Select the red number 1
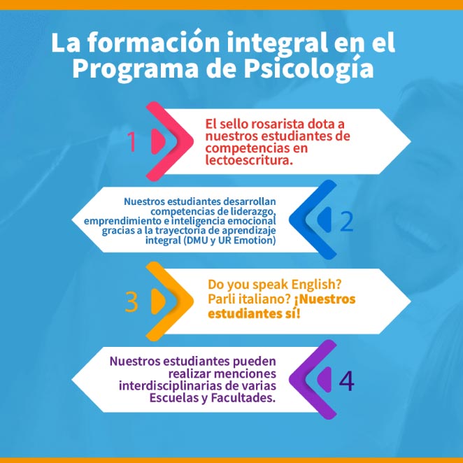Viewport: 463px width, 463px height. click(x=131, y=142)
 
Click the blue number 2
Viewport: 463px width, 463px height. click(x=347, y=221)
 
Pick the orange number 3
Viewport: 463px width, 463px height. click(x=131, y=301)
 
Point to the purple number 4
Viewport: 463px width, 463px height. click(x=347, y=380)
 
